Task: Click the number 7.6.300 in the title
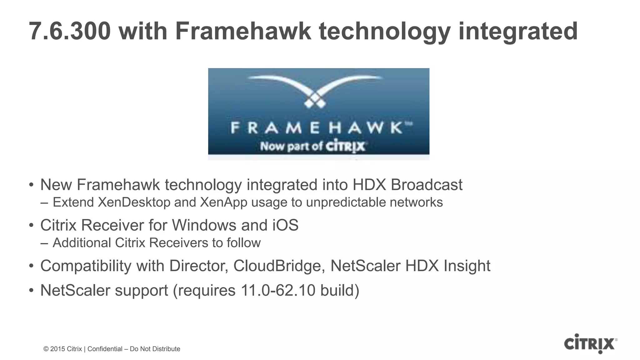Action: click(70, 31)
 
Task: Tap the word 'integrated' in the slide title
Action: click(518, 31)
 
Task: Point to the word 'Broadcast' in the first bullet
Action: click(427, 185)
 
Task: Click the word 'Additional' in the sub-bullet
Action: click(82, 243)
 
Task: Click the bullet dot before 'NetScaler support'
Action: click(31, 290)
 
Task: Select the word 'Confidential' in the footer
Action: click(105, 349)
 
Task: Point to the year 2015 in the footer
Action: click(57, 349)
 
